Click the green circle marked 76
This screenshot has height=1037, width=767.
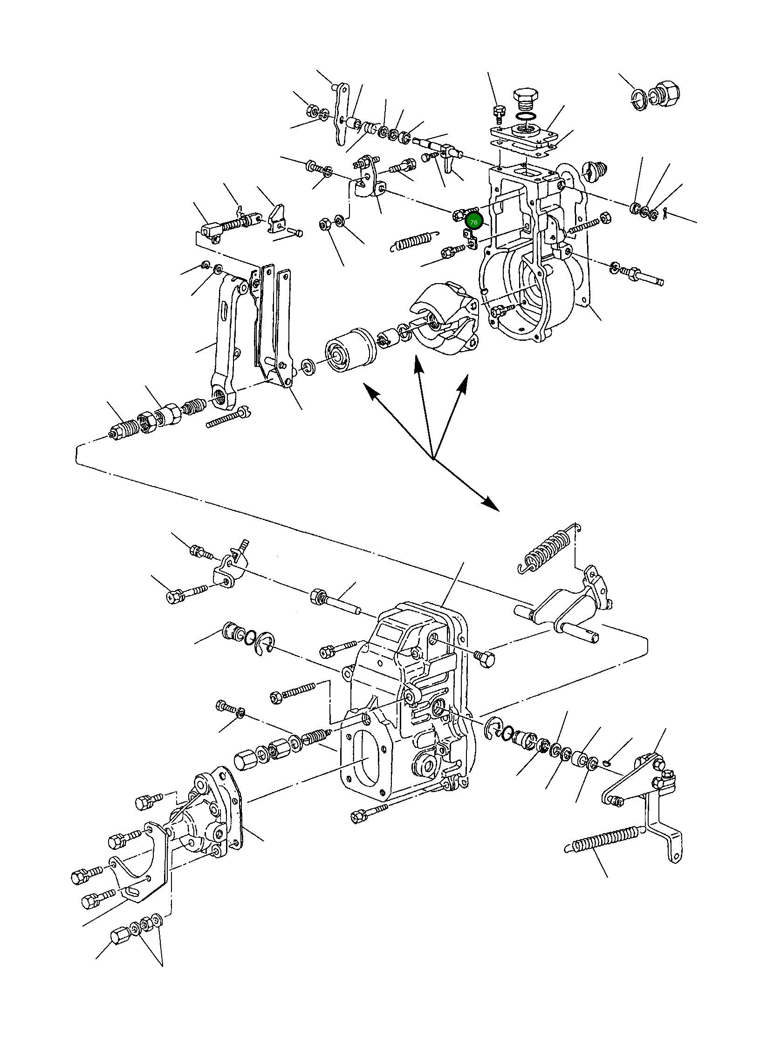[x=474, y=222]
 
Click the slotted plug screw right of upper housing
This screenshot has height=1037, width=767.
[x=593, y=171]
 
